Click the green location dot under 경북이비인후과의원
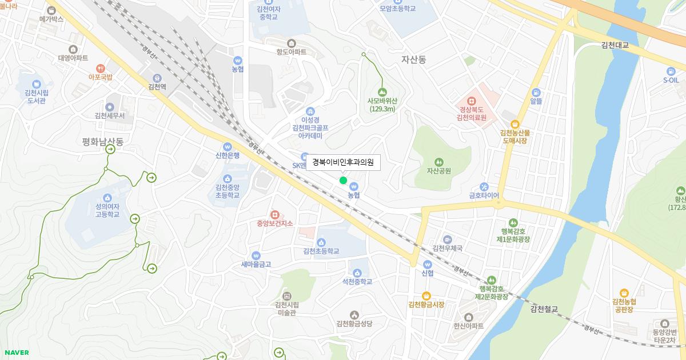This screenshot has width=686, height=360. (343, 181)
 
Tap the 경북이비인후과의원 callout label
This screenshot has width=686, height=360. (342, 162)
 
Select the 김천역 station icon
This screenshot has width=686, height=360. (157, 78)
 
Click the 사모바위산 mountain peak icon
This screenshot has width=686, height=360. (382, 91)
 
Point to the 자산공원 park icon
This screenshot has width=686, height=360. (438, 161)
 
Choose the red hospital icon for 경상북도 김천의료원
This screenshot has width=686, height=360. (471, 101)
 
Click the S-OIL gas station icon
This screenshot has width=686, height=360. (670, 71)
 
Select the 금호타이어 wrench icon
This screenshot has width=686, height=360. (484, 186)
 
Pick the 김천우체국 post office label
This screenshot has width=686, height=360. (447, 248)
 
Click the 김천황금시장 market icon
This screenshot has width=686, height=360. (426, 295)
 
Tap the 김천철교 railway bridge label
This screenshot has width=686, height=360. (543, 309)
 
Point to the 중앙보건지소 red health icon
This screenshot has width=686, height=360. (274, 214)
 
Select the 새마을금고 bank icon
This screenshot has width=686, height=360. (256, 255)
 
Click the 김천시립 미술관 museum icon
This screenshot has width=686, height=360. (286, 295)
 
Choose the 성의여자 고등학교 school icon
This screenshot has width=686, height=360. (107, 189)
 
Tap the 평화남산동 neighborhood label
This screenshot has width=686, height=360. (103, 141)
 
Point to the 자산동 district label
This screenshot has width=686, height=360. (414, 59)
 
